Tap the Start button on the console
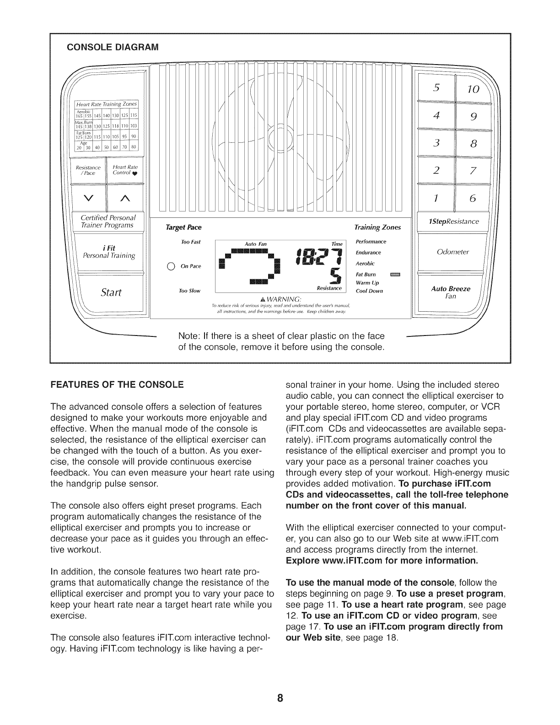pos(108,292)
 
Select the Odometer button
pos(452,252)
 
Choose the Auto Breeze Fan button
pos(451,292)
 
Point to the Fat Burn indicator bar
pos(394,275)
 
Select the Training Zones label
pos(377,227)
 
